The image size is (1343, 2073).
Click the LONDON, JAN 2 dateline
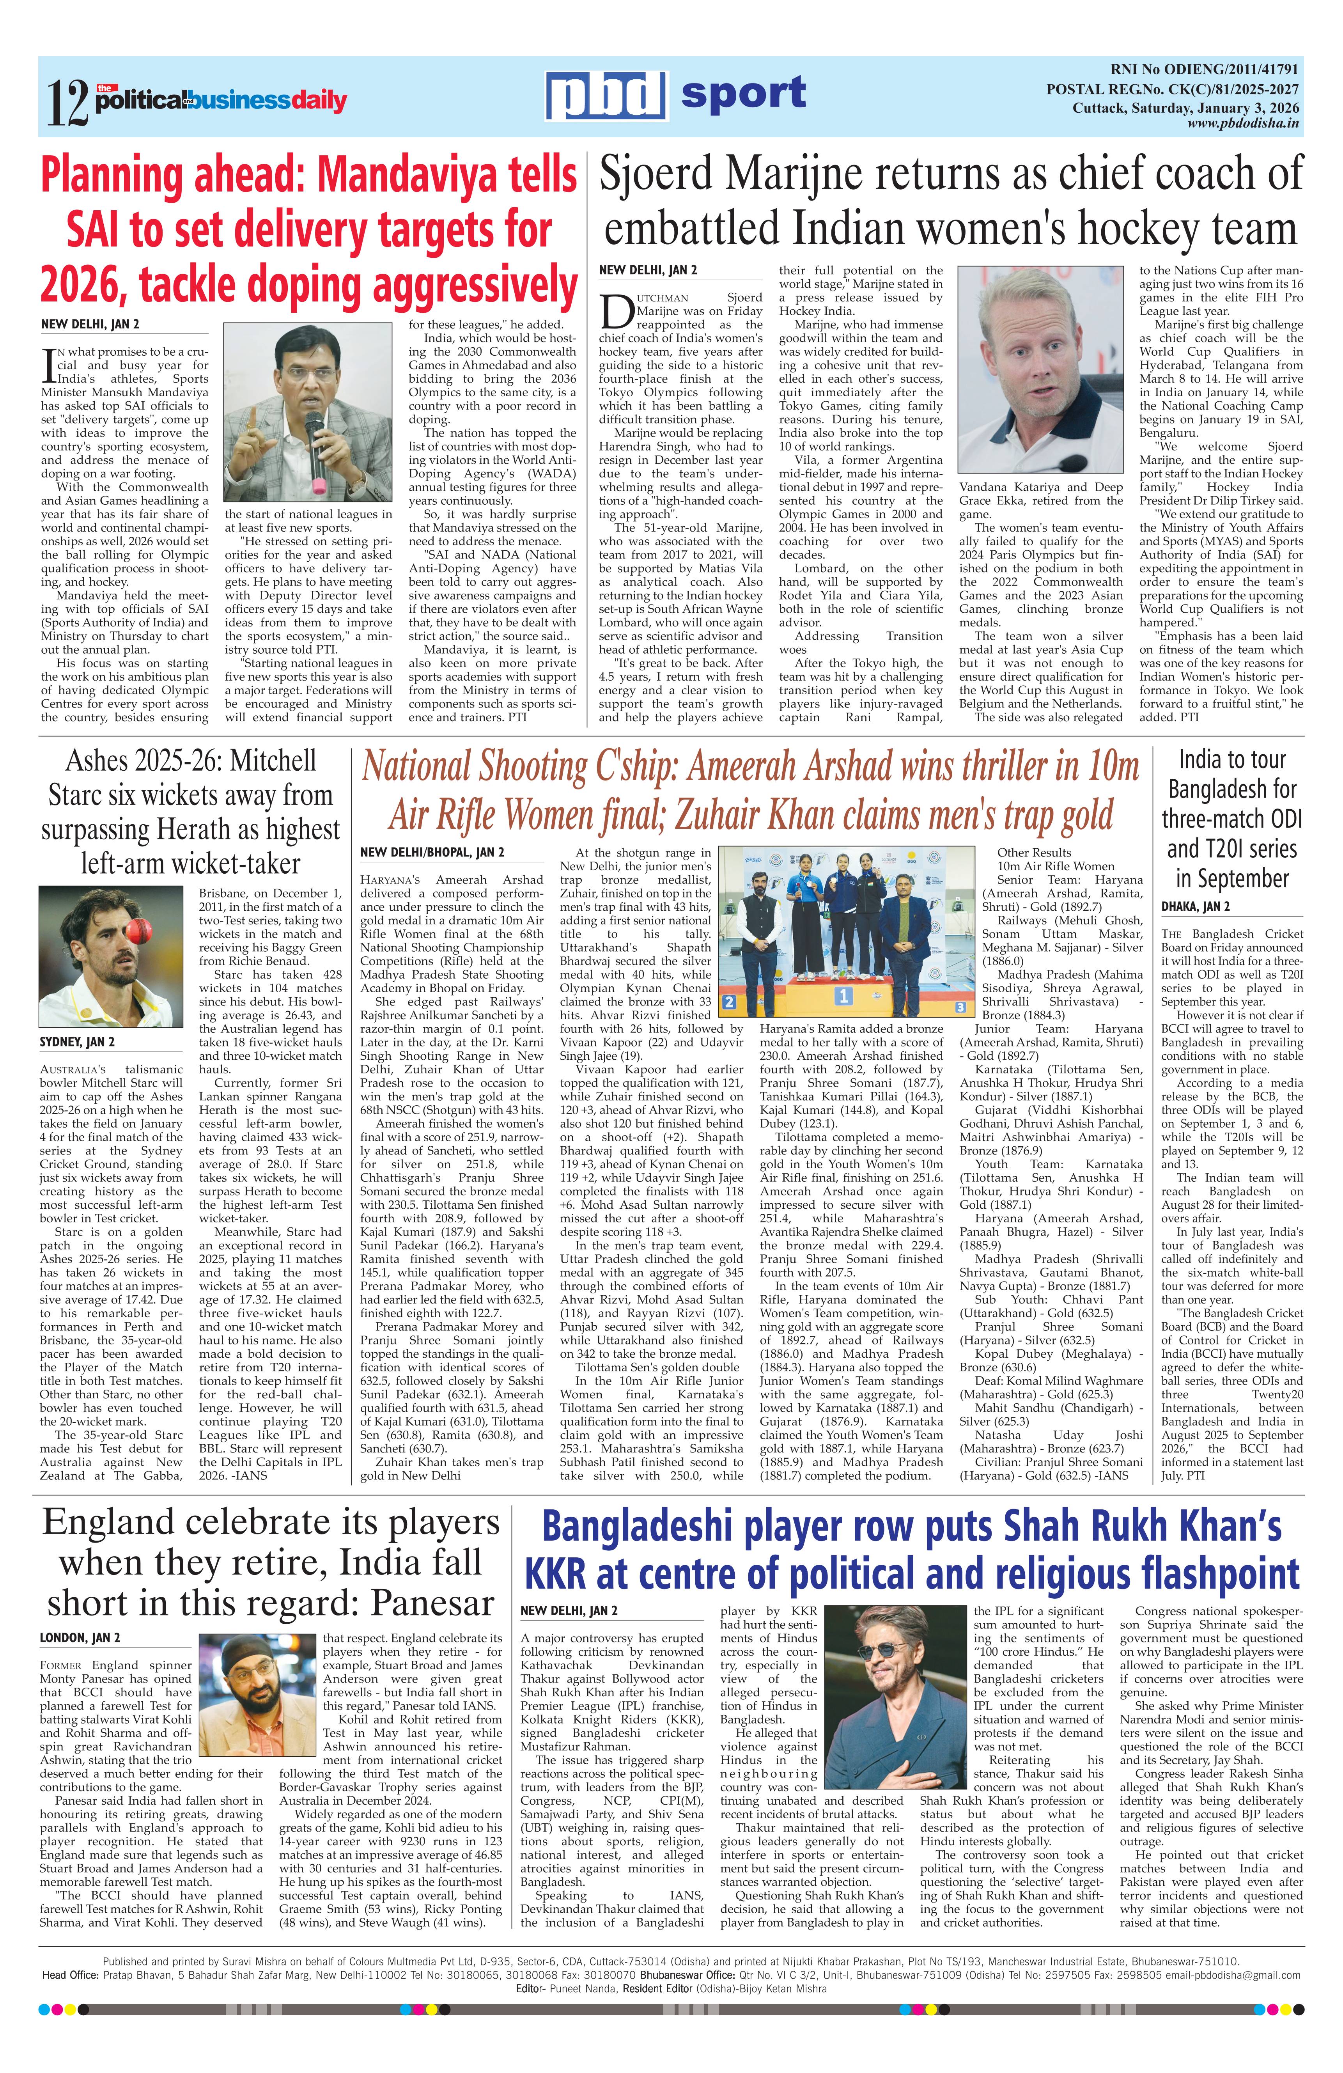pos(80,1637)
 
